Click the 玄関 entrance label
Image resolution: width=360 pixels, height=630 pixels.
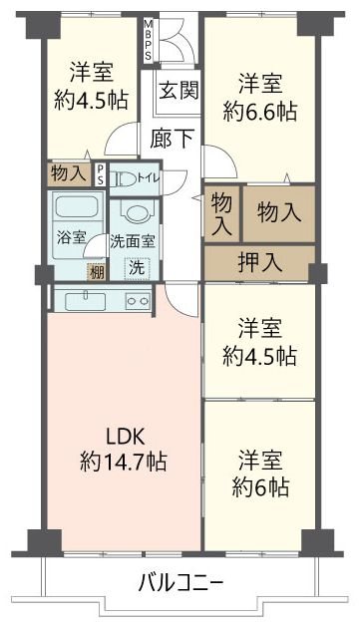pyautogui.click(x=178, y=89)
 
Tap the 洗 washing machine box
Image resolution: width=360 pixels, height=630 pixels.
pyautogui.click(x=133, y=267)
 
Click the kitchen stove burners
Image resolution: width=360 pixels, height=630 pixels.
pyautogui.click(x=137, y=300)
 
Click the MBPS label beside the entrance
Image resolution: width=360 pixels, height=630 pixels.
pyautogui.click(x=149, y=40)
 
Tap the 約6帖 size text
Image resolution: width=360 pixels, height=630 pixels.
pyautogui.click(x=257, y=487)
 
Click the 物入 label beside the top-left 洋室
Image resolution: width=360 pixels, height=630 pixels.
pyautogui.click(x=68, y=173)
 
